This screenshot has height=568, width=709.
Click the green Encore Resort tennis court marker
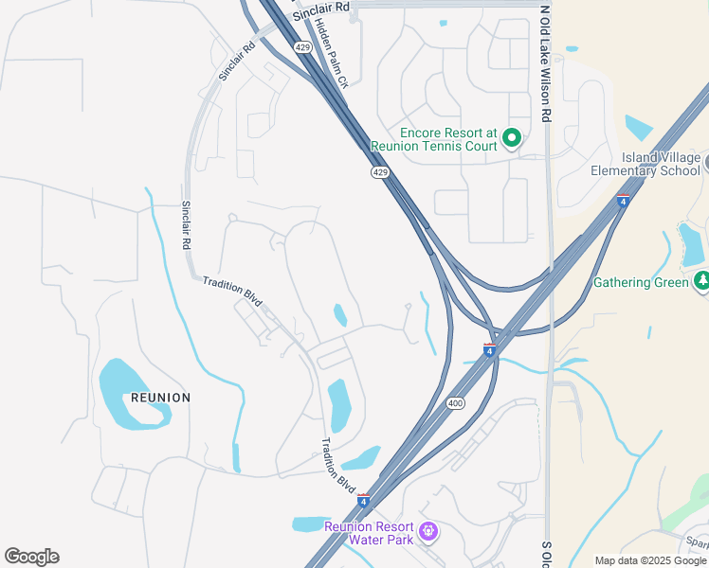click(x=512, y=139)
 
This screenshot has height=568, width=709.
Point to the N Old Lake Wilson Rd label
click(x=545, y=63)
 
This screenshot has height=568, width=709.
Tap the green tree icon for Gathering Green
click(x=701, y=281)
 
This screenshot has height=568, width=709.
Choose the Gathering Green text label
click(x=641, y=282)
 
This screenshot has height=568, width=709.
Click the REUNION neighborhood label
click(x=160, y=398)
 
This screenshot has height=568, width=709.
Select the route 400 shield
click(x=456, y=403)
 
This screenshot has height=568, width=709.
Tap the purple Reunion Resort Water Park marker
click(x=427, y=533)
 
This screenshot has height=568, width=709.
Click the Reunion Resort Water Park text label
click(x=369, y=533)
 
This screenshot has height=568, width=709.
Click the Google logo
click(x=31, y=557)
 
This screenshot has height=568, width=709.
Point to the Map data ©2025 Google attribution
click(x=651, y=560)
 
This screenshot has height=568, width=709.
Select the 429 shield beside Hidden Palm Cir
click(x=302, y=46)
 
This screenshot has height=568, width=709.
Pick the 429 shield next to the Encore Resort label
click(x=379, y=172)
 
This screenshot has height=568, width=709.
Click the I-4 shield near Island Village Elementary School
click(x=622, y=201)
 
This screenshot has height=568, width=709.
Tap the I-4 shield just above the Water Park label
click(x=363, y=500)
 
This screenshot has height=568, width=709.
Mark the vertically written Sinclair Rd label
click(x=187, y=225)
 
